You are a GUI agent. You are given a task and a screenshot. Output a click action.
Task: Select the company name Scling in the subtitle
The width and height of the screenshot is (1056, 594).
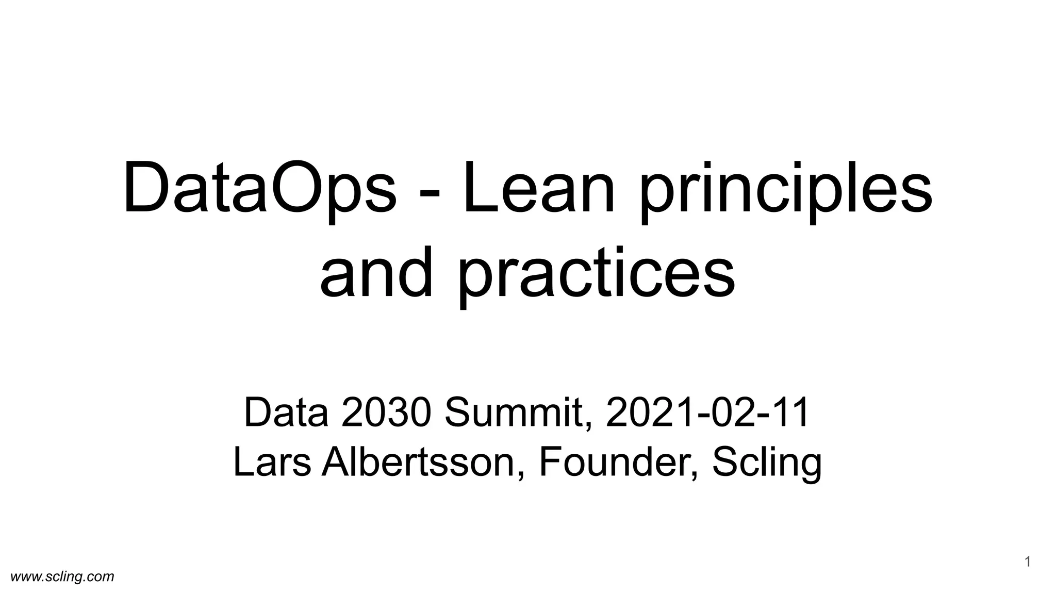[x=767, y=464]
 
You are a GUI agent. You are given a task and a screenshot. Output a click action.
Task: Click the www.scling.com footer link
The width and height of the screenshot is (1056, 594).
[x=62, y=576]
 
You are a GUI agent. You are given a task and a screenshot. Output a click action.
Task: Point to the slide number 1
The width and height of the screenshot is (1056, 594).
[x=1027, y=562]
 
